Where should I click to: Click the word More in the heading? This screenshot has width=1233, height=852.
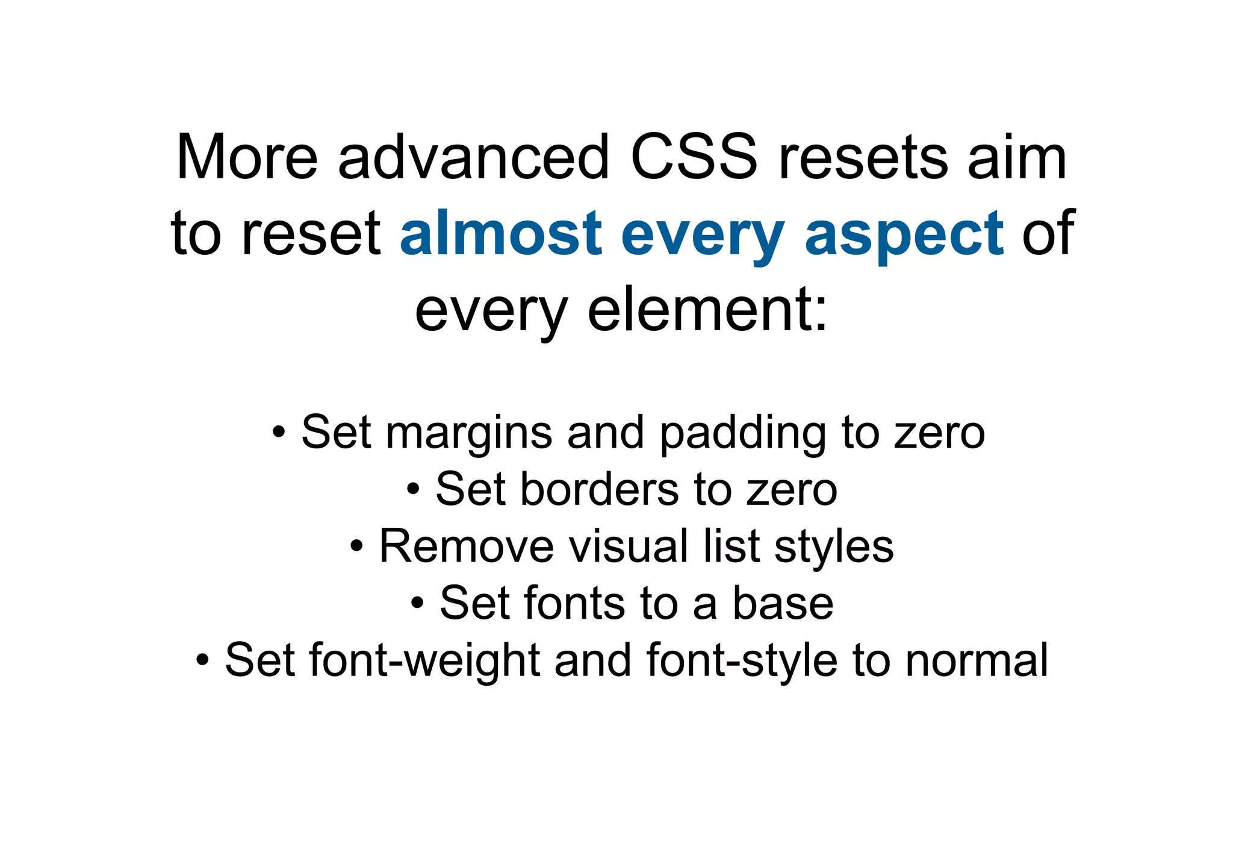[x=246, y=158]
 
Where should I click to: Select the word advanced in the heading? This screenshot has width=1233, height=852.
[x=474, y=158]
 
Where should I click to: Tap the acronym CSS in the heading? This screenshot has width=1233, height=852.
[x=694, y=158]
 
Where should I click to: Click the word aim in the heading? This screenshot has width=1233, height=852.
[x=1017, y=158]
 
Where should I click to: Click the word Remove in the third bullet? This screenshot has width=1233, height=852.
[x=466, y=547]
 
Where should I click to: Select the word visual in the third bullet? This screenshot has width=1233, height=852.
[x=629, y=547]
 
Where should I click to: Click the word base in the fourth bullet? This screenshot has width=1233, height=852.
[x=783, y=603]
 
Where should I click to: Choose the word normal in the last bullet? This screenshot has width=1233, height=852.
[x=977, y=660]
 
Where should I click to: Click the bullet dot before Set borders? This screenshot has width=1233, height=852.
[x=412, y=489]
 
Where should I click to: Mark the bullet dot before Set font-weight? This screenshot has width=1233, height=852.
[x=203, y=660]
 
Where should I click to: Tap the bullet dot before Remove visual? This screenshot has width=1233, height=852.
[x=356, y=547]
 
